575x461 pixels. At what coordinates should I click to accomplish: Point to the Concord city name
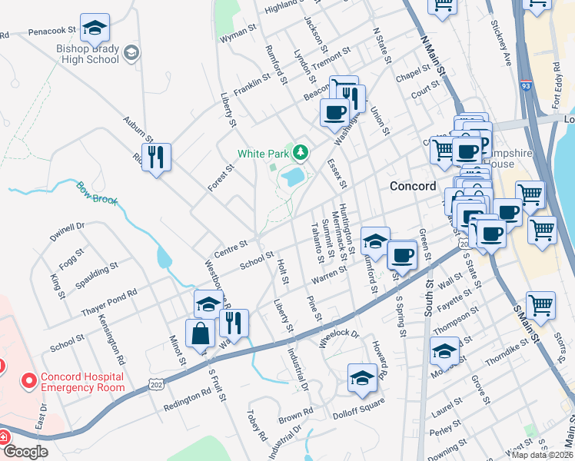[x=413, y=186]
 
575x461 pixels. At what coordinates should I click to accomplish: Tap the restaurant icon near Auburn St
[x=157, y=158]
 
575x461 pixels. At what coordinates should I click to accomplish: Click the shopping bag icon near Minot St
[x=200, y=333]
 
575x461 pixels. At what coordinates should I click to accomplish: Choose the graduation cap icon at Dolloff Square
[x=363, y=377]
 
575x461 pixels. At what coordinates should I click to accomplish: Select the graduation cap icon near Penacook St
[x=95, y=29]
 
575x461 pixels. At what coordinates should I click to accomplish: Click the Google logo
[x=25, y=452]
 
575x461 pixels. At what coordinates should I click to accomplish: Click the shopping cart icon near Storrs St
[x=540, y=305]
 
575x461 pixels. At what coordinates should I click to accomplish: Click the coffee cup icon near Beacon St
[x=334, y=113]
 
